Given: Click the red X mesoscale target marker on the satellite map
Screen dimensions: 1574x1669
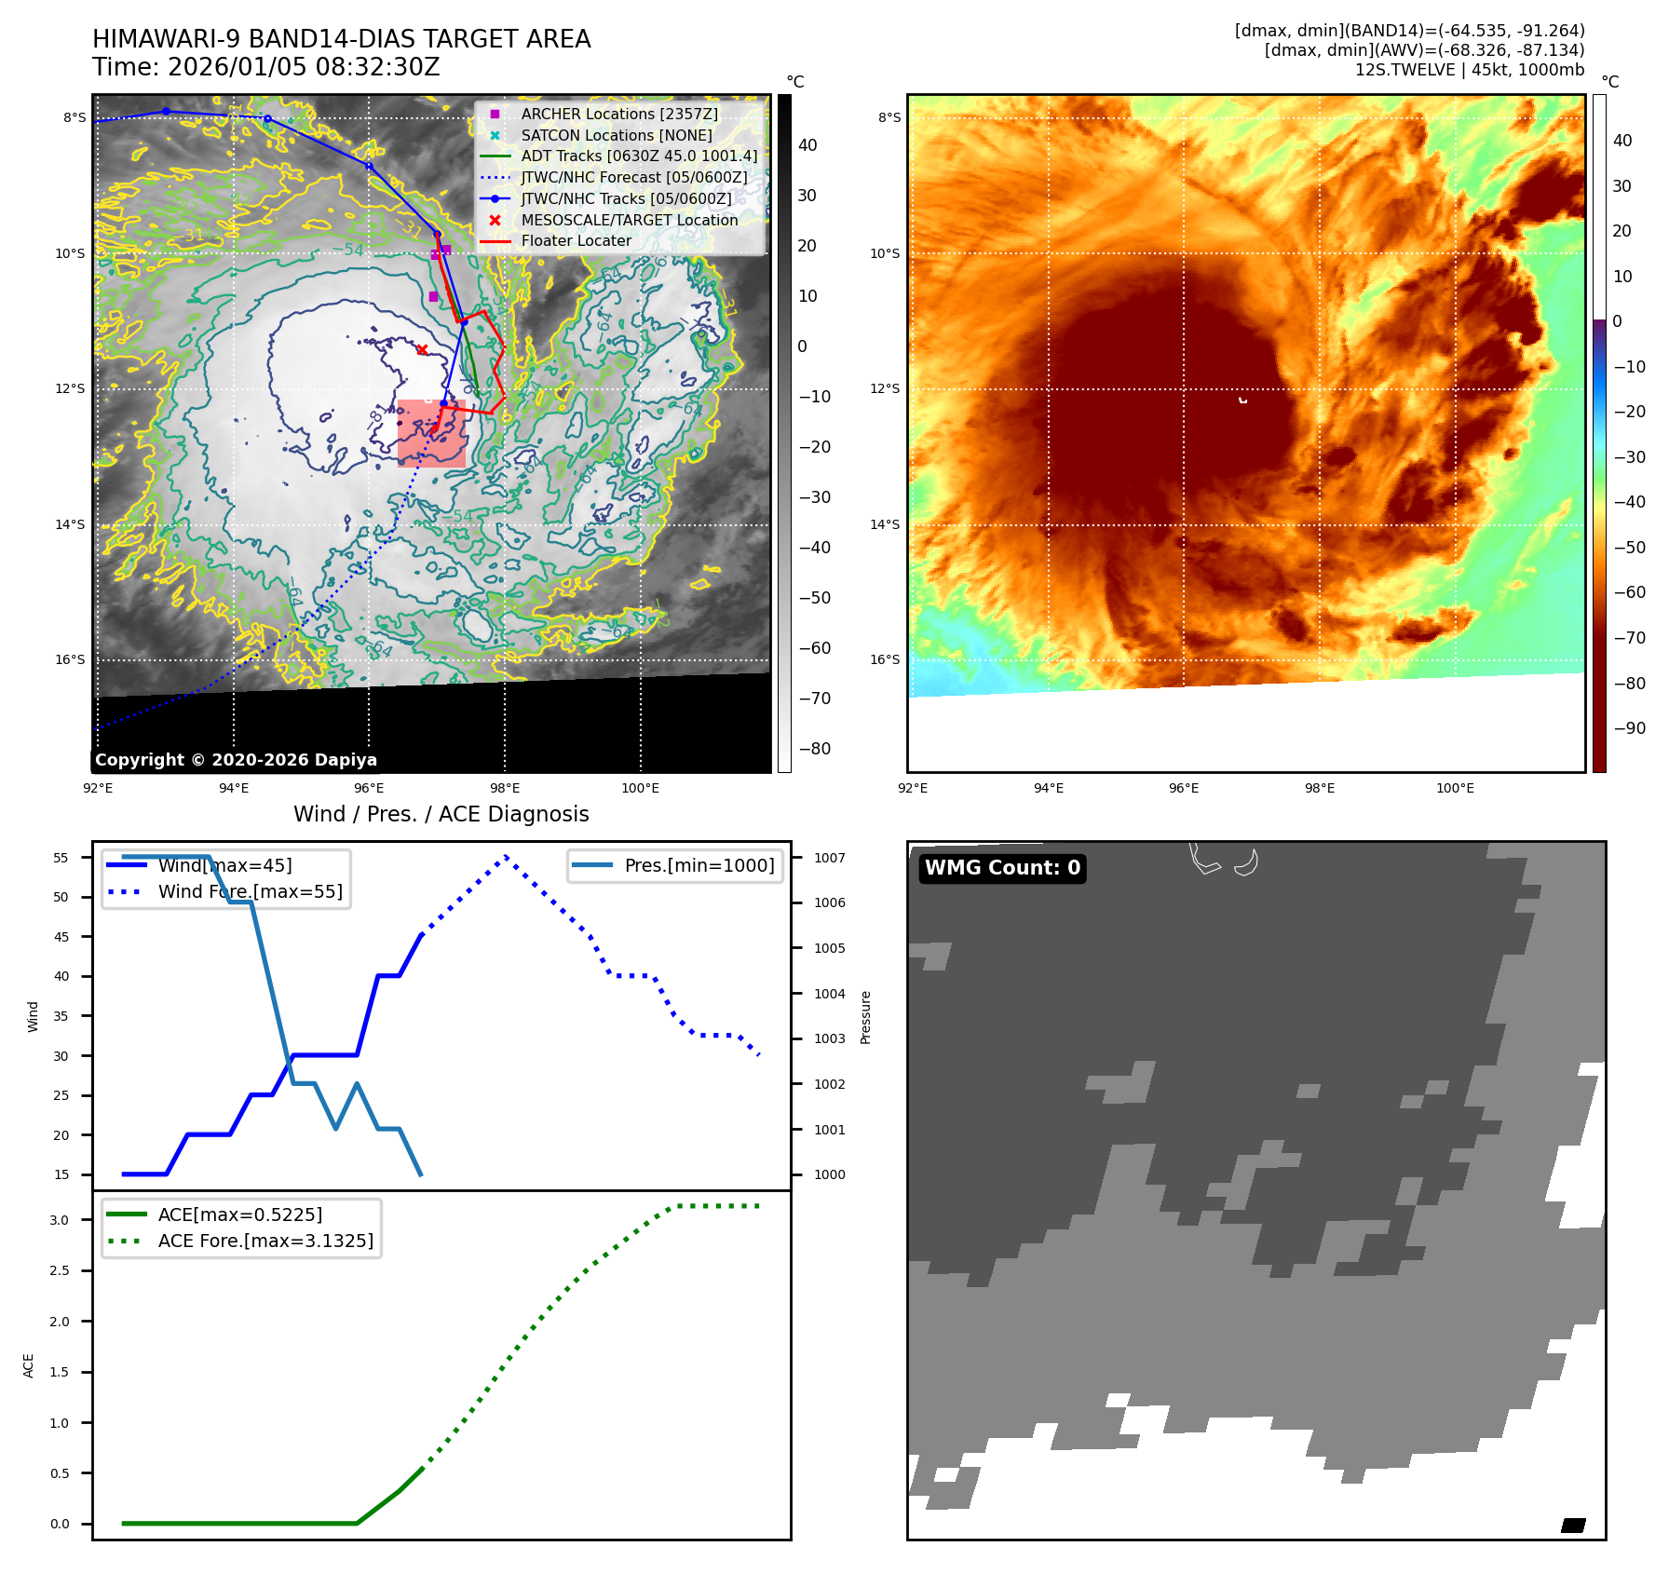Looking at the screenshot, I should (x=422, y=349).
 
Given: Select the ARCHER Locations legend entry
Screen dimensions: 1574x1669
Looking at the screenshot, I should (x=619, y=114).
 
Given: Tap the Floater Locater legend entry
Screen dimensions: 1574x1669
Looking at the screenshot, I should (x=576, y=240).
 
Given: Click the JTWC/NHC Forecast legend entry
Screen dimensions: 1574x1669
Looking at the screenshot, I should (x=633, y=177).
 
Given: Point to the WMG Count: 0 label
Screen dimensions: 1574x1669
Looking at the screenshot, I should (x=1002, y=868).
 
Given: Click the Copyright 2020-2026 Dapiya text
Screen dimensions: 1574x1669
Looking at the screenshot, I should (x=236, y=760).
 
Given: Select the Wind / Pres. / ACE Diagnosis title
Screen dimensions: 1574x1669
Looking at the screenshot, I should (x=441, y=814).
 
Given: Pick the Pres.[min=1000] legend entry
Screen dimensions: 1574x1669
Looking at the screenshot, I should (x=699, y=865).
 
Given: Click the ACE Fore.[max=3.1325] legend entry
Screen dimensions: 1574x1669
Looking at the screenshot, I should (x=265, y=1241).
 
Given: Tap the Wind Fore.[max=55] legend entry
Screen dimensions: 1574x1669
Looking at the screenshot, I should (x=250, y=891).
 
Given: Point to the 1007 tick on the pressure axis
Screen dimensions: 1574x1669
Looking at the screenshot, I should (x=829, y=858).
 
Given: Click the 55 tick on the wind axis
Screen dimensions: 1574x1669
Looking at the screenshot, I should (x=61, y=858).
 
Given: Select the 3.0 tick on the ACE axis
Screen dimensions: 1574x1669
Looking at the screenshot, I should (x=60, y=1220).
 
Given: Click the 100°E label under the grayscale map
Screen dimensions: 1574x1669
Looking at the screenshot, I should (x=640, y=788).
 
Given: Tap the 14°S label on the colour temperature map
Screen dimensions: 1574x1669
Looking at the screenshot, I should (x=885, y=524).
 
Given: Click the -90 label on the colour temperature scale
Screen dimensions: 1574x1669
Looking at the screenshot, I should (x=1629, y=728).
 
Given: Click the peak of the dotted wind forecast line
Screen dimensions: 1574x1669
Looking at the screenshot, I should (x=505, y=857).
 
